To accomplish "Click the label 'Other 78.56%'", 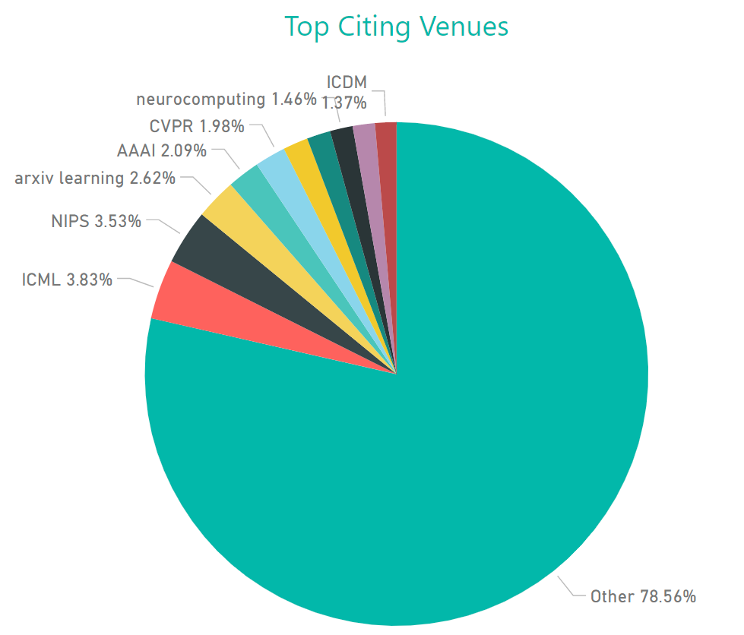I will click(x=643, y=596).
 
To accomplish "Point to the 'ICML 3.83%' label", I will click(x=67, y=280).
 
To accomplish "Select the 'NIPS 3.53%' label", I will click(x=96, y=222).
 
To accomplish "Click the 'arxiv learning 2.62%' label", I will click(x=95, y=178).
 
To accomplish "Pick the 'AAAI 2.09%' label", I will click(x=161, y=150).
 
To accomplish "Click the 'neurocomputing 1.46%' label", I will click(x=226, y=99).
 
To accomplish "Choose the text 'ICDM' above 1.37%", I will click(x=347, y=82).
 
